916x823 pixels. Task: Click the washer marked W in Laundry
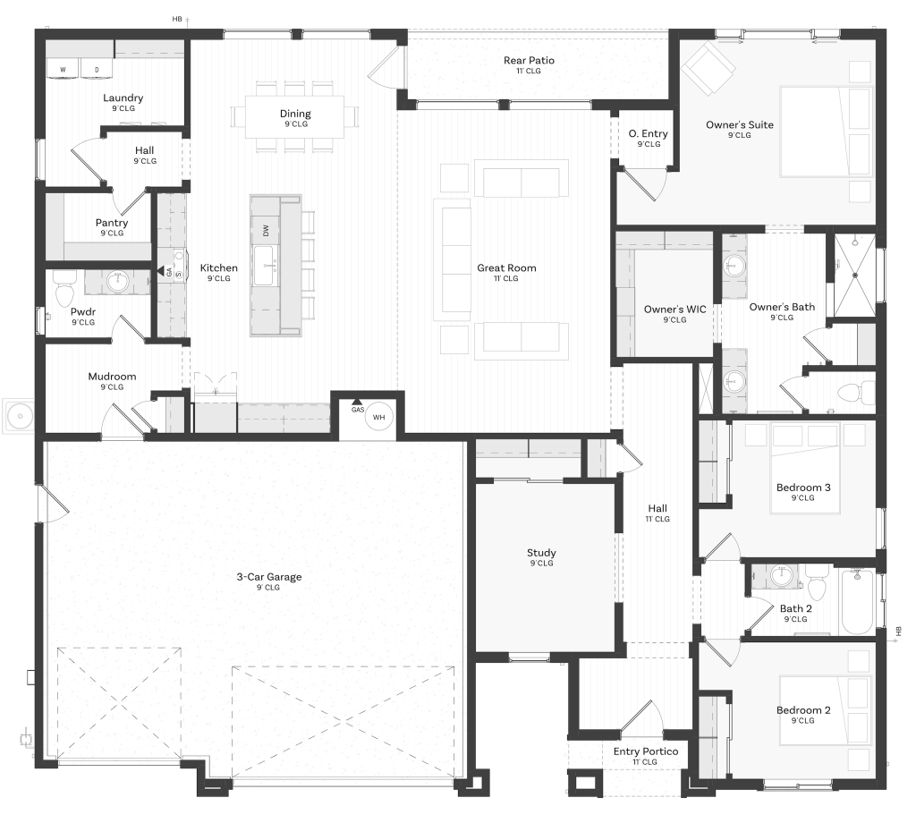click(x=64, y=68)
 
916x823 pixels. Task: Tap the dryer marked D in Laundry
click(x=97, y=68)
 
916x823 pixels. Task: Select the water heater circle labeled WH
click(x=378, y=417)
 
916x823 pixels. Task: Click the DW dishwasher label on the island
click(x=267, y=231)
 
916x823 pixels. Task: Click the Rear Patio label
click(x=529, y=60)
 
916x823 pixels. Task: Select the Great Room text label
click(x=506, y=268)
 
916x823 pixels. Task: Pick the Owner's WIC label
click(x=674, y=309)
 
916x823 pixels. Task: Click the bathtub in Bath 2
click(x=858, y=602)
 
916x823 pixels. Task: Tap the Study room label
click(x=541, y=553)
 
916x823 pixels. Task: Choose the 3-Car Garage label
click(x=269, y=577)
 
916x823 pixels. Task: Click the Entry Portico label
click(x=646, y=751)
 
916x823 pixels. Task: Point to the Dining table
click(x=295, y=117)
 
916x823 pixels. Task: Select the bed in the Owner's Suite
click(x=826, y=132)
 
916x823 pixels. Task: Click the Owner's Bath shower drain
click(x=854, y=276)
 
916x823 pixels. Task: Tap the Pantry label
click(x=112, y=223)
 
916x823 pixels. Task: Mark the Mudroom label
click(x=112, y=377)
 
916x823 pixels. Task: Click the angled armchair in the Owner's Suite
click(x=709, y=68)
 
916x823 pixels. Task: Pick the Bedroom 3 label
click(x=803, y=488)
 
